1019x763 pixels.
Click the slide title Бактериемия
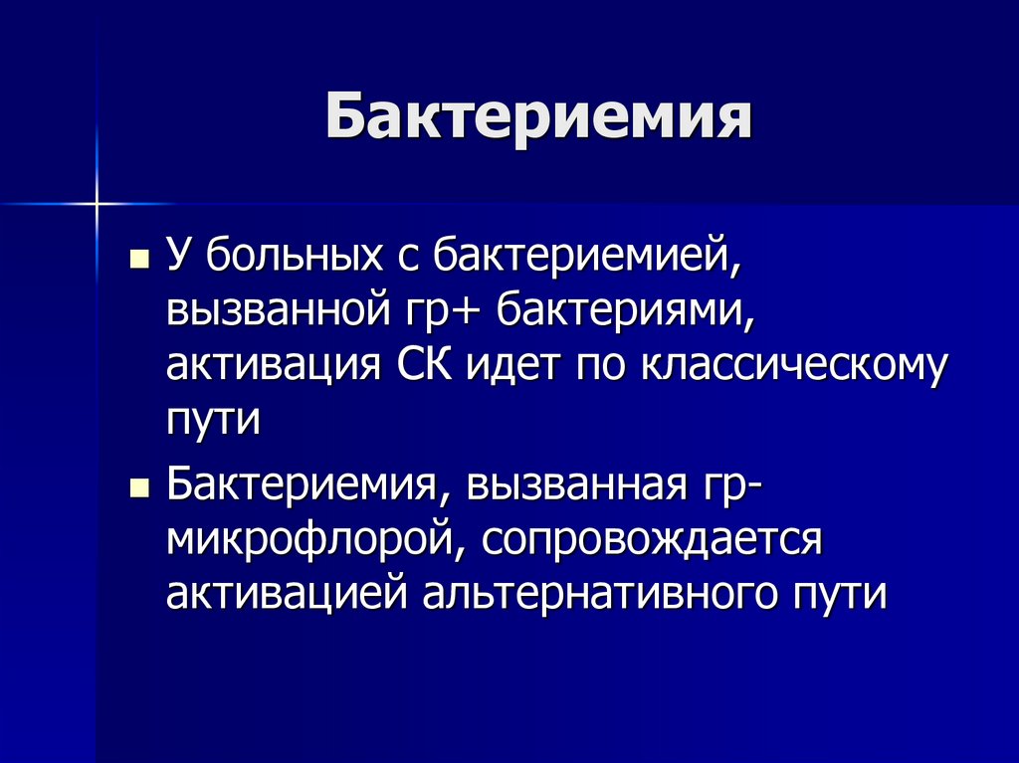point(537,118)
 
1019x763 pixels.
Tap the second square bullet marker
point(139,488)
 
